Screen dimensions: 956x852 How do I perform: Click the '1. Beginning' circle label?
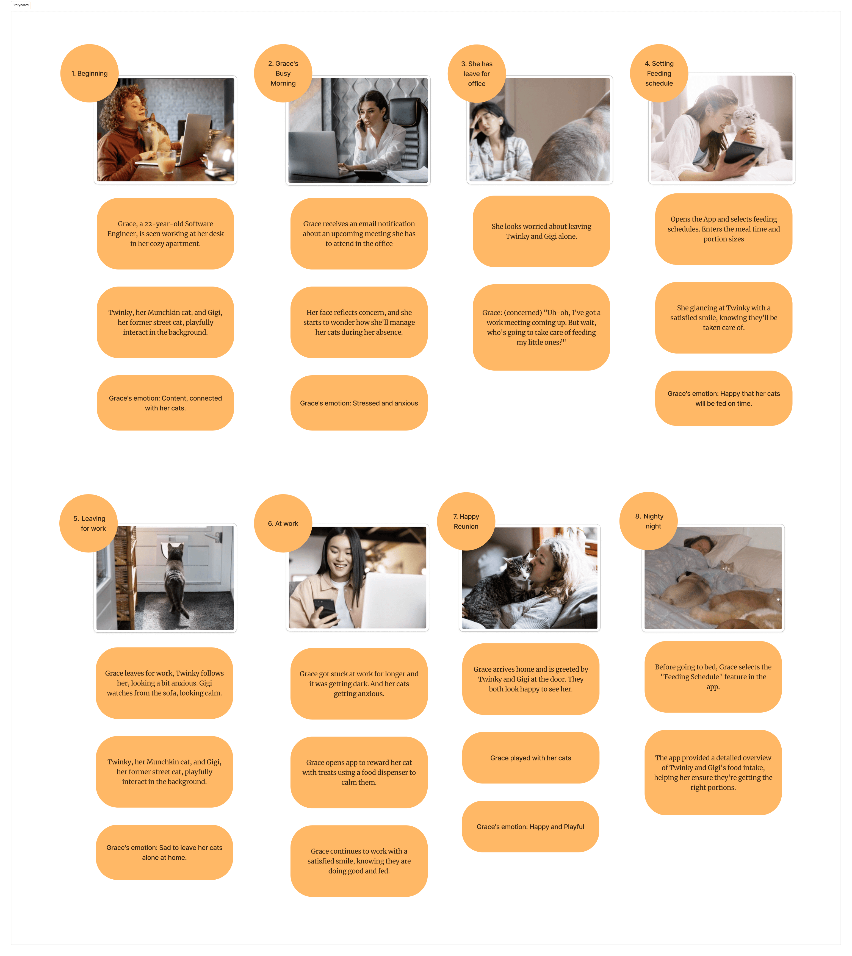[x=89, y=73]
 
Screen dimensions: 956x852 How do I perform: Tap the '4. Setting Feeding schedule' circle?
[x=659, y=73]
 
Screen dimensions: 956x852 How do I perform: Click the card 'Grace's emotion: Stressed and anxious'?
[x=359, y=403]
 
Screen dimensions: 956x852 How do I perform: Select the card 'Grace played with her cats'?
[x=530, y=758]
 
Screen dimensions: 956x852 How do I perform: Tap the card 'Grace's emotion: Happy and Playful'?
[x=530, y=826]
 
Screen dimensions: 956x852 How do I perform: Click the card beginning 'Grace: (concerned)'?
[x=541, y=327]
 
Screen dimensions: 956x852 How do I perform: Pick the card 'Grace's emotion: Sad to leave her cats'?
[x=164, y=852]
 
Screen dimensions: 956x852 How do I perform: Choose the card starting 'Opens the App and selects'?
[x=723, y=229]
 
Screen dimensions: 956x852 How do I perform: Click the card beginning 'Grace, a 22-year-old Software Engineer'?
[x=165, y=234]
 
